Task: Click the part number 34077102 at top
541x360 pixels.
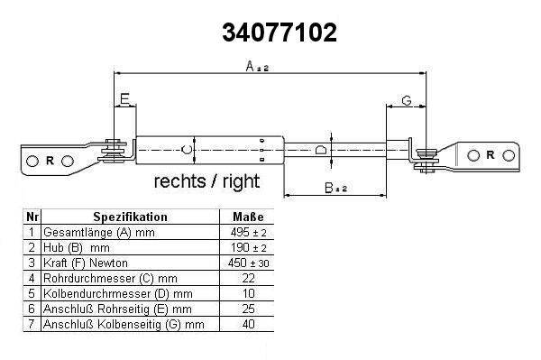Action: pos(280,32)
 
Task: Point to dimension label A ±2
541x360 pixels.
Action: pos(257,66)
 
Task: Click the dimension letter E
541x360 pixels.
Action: pos(124,99)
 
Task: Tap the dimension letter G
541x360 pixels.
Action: pos(407,100)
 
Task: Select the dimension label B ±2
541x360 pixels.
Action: pos(336,188)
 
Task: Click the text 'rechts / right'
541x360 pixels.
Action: pos(206,180)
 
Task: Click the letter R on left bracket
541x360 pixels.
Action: pos(50,161)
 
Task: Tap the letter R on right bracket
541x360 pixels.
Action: pos(490,155)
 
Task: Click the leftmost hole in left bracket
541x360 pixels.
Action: pos(32,161)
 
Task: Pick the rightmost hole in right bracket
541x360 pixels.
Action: pos(509,156)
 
